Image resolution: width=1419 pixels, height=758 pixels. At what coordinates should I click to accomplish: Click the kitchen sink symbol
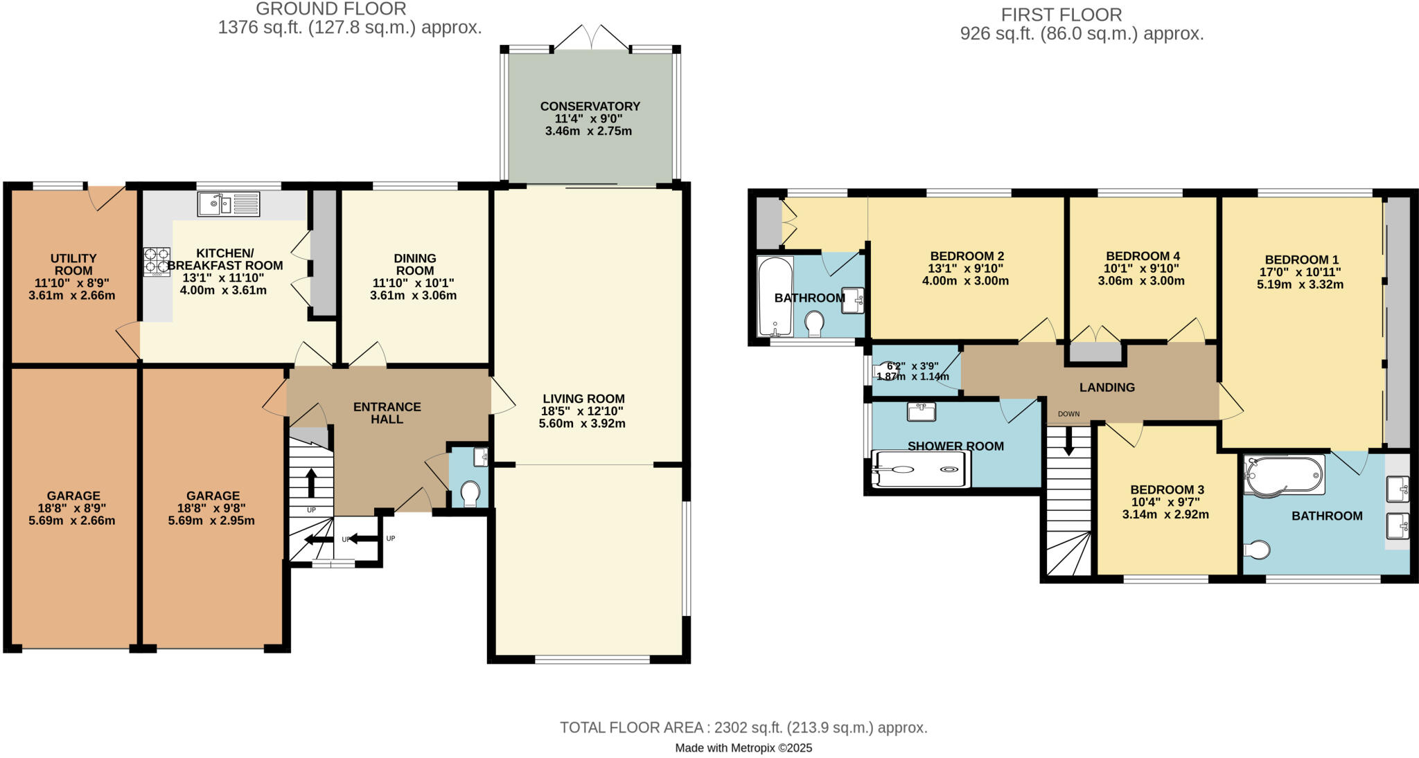tap(228, 204)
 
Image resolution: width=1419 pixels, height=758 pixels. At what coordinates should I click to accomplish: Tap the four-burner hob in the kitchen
tap(157, 262)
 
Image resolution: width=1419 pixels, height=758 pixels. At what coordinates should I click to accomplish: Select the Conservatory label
tap(590, 107)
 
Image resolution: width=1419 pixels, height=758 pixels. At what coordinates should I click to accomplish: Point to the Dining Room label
tap(414, 264)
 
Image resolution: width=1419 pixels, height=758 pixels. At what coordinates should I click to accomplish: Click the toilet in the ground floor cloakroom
tap(470, 494)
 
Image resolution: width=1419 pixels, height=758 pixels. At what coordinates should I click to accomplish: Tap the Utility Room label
tap(73, 264)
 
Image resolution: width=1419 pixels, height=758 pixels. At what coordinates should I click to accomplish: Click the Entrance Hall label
tap(387, 413)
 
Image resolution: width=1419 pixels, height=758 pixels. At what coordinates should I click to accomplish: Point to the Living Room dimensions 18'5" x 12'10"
tap(582, 411)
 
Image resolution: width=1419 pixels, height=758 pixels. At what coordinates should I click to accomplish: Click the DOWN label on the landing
tap(1068, 414)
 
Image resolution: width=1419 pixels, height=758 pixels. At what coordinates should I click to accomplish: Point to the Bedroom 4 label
tap(1142, 256)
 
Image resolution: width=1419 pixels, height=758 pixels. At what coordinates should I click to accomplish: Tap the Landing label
tap(1107, 388)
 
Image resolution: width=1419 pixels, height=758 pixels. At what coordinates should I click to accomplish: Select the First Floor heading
tap(1061, 15)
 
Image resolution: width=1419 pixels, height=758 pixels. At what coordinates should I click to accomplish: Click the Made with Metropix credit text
tap(743, 748)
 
